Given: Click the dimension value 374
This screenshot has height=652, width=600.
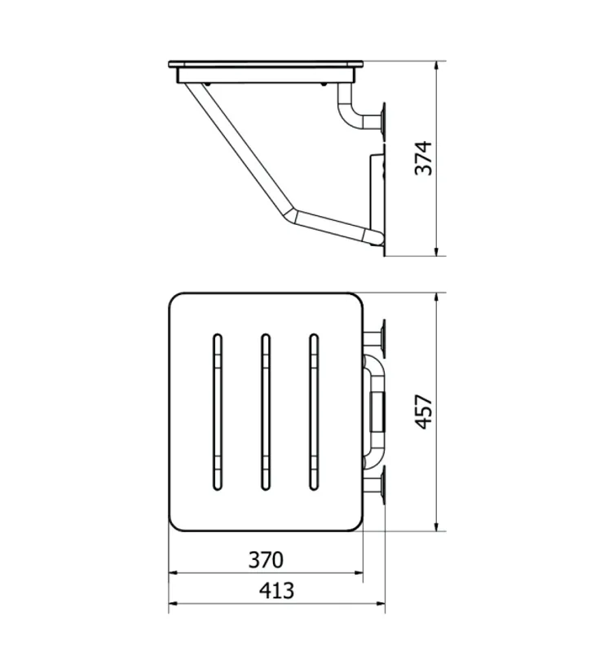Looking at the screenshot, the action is [424, 158].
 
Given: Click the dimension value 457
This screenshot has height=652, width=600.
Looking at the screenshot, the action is [424, 412].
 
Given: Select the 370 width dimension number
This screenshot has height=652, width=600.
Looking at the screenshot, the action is [266, 560].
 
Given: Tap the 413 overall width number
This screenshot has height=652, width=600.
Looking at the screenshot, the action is [276, 590].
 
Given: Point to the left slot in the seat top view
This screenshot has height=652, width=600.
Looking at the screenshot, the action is [217, 412].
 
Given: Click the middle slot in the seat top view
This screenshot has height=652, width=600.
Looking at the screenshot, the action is [265, 412].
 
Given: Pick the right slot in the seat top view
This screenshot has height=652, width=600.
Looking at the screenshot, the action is [314, 412].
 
